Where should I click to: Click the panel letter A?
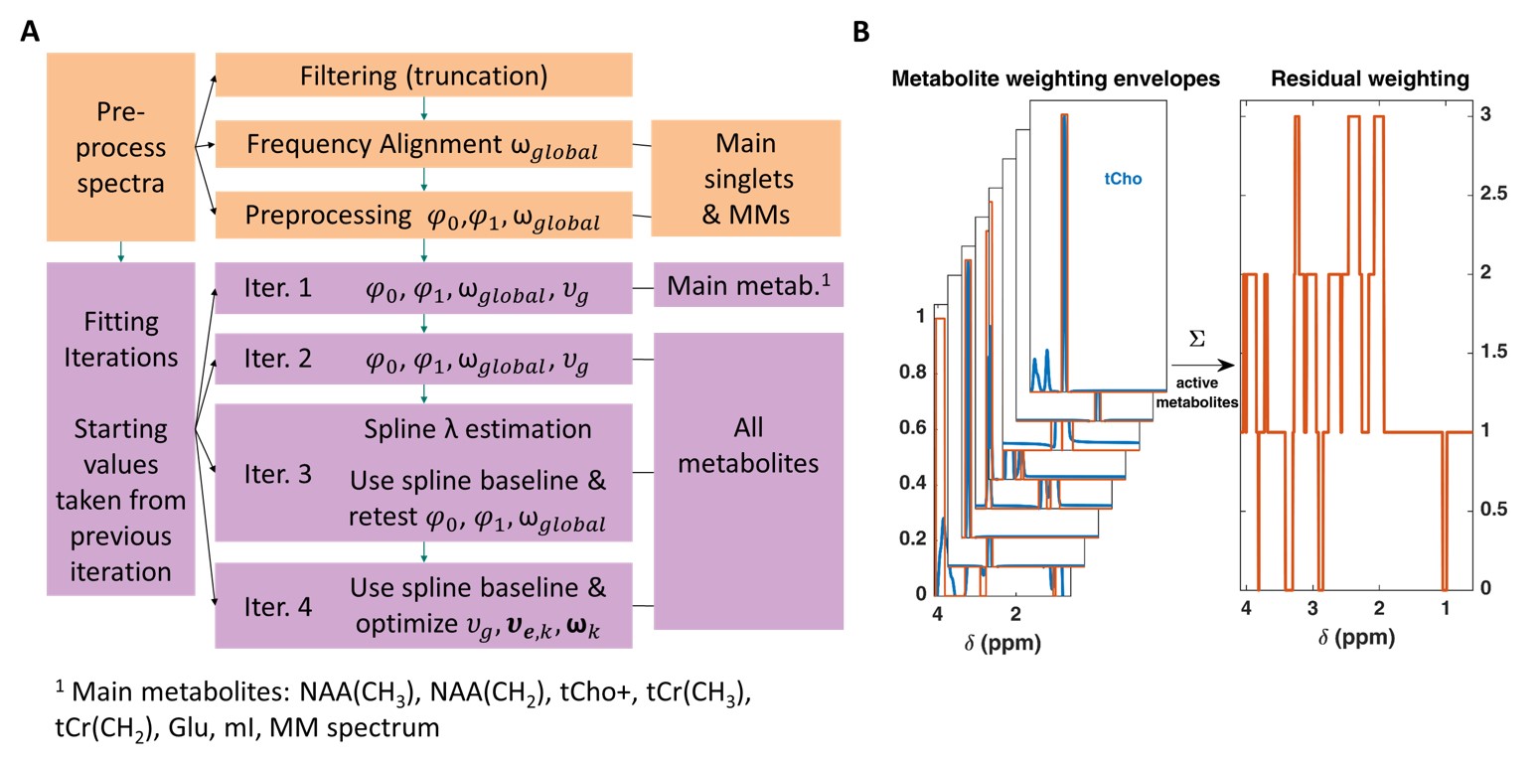[31, 32]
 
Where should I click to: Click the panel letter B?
[861, 32]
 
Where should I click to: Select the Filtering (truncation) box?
[424, 75]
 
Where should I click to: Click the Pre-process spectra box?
[120, 147]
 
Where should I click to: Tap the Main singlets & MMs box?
[746, 179]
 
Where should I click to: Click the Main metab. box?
[747, 285]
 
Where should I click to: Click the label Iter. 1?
[277, 287]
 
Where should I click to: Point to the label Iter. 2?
[277, 359]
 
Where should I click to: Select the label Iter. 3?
[277, 473]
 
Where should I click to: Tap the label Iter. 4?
[277, 605]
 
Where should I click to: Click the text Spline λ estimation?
[477, 428]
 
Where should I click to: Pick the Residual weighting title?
[1370, 78]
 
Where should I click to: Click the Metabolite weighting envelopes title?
[1055, 78]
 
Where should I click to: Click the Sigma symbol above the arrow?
[1197, 340]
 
